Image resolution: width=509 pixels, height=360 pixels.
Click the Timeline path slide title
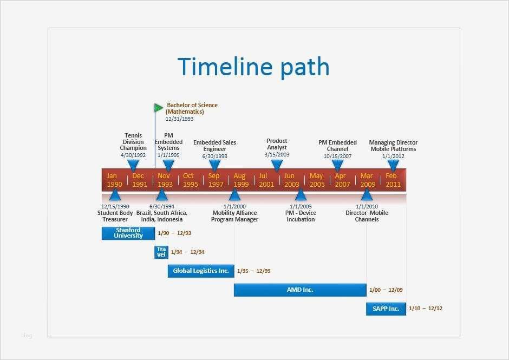point(253,67)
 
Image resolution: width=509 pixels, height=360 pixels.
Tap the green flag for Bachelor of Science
point(158,108)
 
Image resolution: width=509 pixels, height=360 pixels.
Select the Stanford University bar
point(128,233)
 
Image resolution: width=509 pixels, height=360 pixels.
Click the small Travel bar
point(161,252)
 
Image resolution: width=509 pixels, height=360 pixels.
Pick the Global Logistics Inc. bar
point(200,271)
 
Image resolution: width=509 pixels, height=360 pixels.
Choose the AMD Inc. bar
point(300,290)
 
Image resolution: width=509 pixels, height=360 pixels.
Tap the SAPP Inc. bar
point(386,309)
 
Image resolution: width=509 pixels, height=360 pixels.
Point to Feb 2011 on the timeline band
point(393,180)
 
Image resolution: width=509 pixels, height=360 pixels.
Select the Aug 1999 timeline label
point(240,180)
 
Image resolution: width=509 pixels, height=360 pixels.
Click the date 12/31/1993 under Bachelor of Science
point(179,119)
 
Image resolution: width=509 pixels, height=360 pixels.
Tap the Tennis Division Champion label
point(133,142)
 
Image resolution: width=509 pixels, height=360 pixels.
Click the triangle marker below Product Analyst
point(277,165)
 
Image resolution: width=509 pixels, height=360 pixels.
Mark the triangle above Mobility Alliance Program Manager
point(234,195)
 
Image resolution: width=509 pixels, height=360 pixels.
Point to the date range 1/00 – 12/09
point(386,290)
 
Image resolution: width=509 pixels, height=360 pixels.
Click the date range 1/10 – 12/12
point(426,309)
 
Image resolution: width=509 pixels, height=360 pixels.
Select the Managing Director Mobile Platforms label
point(393,146)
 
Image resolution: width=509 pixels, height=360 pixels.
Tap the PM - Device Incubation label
point(301,216)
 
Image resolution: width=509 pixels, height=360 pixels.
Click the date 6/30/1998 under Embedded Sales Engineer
point(214,156)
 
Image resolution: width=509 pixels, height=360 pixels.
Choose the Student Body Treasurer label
point(115,216)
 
